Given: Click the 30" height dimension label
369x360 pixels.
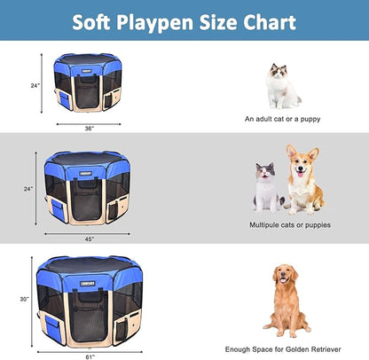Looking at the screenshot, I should click(x=24, y=298).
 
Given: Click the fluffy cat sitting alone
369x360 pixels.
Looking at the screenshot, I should click(x=282, y=86).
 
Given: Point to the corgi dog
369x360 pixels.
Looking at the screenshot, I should click(x=302, y=180).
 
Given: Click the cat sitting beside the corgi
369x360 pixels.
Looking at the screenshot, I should click(x=265, y=187).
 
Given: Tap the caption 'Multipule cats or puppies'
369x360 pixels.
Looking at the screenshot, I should click(x=290, y=225).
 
